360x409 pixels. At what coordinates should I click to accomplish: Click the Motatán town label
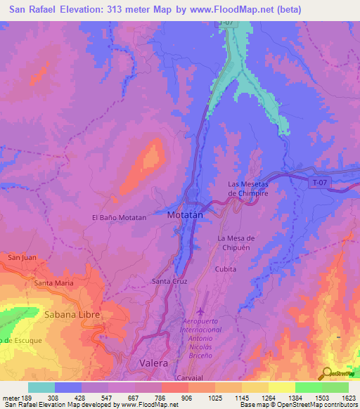(x=185, y=216)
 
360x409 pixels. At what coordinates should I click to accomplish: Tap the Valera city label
(x=153, y=363)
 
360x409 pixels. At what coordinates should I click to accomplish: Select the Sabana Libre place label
(x=71, y=314)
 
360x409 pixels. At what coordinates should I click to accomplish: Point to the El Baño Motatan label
(x=120, y=218)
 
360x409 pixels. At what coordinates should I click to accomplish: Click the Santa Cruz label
(x=169, y=281)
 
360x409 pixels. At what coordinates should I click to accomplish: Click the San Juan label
(x=21, y=258)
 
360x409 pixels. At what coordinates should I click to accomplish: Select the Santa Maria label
(x=53, y=283)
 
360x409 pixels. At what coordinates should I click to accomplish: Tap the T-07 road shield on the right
(x=319, y=183)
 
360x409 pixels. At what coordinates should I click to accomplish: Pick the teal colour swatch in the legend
(x=41, y=387)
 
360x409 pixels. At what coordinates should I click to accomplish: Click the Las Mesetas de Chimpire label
(x=248, y=188)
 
